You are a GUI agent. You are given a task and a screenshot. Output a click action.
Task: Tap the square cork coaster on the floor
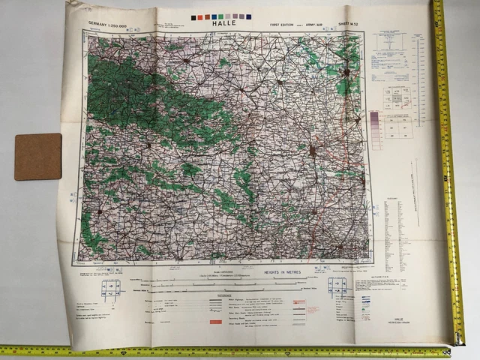37,156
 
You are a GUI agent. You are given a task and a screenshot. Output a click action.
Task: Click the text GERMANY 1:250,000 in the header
114,25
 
